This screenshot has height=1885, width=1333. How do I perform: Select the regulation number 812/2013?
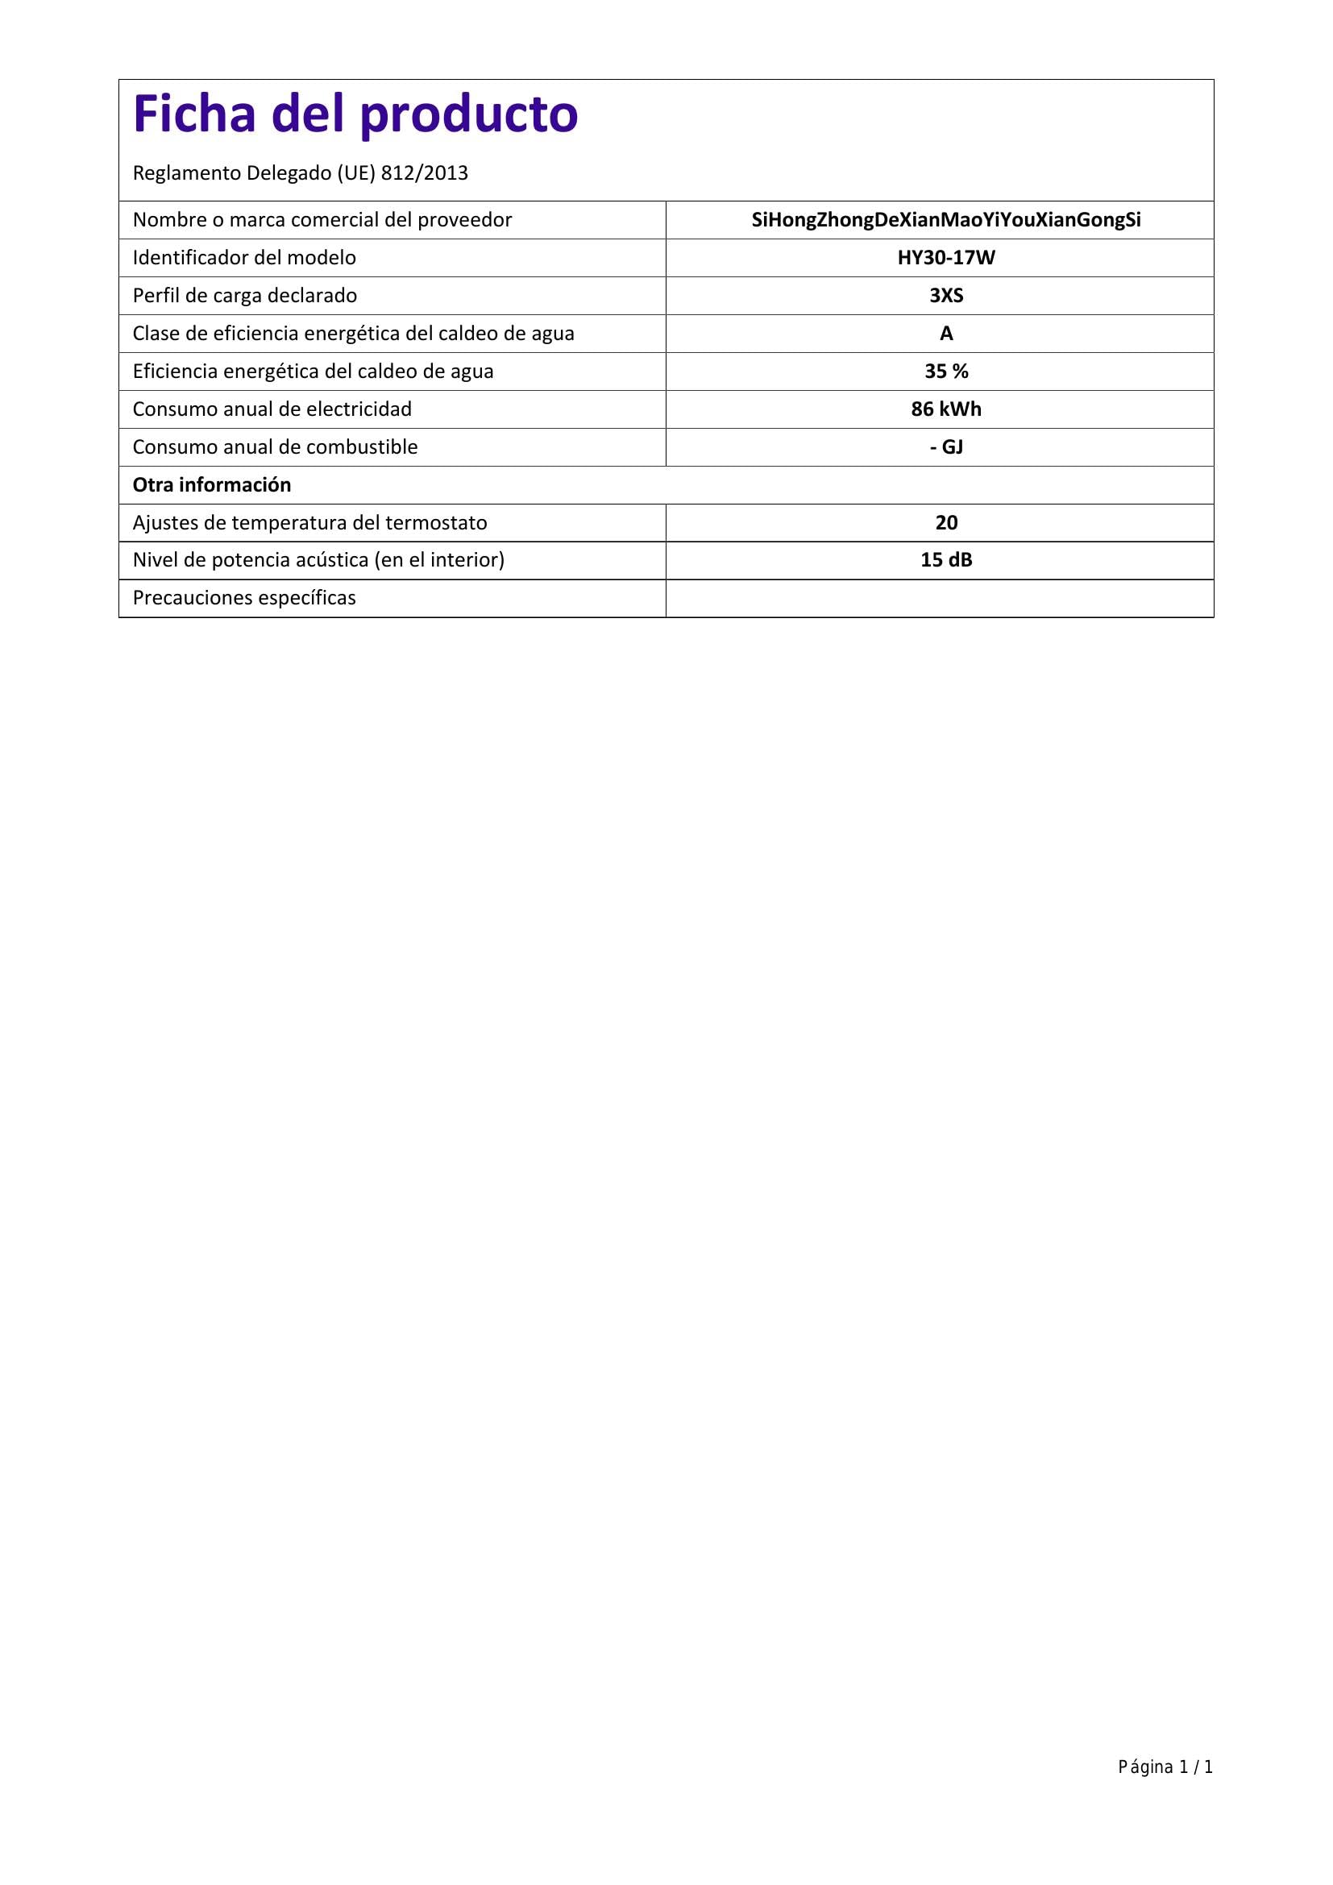425,173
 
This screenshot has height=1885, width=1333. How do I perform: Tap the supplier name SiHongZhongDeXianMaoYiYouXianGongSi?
945,220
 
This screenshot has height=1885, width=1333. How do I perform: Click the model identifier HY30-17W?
945,258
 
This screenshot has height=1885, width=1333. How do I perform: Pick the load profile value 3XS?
945,296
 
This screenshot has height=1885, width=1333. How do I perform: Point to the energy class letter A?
945,334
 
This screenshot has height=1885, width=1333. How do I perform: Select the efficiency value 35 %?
945,371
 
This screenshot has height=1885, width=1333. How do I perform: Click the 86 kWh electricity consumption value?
945,409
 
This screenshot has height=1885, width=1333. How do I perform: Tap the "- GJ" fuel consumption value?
945,446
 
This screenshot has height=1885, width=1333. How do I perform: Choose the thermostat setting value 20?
945,523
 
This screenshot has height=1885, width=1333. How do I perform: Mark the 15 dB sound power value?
945,560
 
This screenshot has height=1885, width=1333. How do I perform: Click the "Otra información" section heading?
212,485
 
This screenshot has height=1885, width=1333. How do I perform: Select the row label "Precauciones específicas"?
243,598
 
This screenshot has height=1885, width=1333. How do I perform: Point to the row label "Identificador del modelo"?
243,258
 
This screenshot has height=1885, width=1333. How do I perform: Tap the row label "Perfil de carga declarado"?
245,296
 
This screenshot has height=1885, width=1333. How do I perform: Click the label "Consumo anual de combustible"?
275,446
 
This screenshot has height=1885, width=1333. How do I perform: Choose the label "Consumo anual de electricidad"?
272,409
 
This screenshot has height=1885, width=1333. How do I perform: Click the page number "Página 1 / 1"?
1165,1767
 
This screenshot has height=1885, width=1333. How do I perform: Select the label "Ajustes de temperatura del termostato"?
309,523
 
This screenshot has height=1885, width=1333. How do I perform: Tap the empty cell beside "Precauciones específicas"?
939,599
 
